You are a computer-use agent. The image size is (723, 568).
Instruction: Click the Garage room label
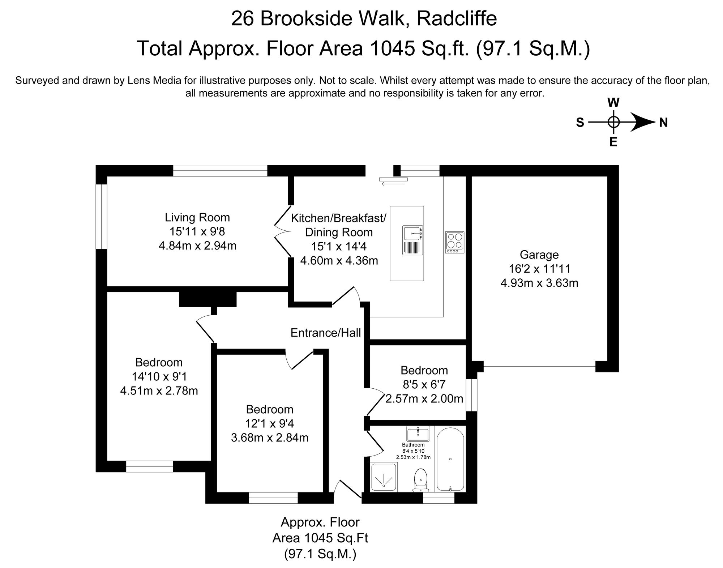539,255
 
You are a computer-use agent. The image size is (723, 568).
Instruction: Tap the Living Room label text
197,217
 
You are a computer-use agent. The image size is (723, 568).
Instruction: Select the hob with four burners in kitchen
454,242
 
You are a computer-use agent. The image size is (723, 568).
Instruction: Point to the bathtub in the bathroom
450,459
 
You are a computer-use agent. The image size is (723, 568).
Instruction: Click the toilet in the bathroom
420,480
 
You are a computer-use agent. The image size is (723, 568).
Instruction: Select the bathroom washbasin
418,434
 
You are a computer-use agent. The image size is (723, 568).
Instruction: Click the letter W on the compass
613,103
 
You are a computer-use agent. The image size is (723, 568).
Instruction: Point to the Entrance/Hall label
326,333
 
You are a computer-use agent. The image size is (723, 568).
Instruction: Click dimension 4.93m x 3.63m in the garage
539,283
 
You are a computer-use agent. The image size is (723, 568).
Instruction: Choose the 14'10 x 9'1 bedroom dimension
159,377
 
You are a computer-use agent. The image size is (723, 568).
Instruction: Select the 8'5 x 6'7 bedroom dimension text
424,384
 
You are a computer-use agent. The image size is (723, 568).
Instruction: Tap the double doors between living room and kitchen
282,231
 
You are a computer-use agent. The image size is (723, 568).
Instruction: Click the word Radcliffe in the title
457,18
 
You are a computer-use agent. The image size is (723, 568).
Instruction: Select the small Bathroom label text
413,445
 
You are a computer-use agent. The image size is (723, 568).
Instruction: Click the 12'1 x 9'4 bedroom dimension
270,423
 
